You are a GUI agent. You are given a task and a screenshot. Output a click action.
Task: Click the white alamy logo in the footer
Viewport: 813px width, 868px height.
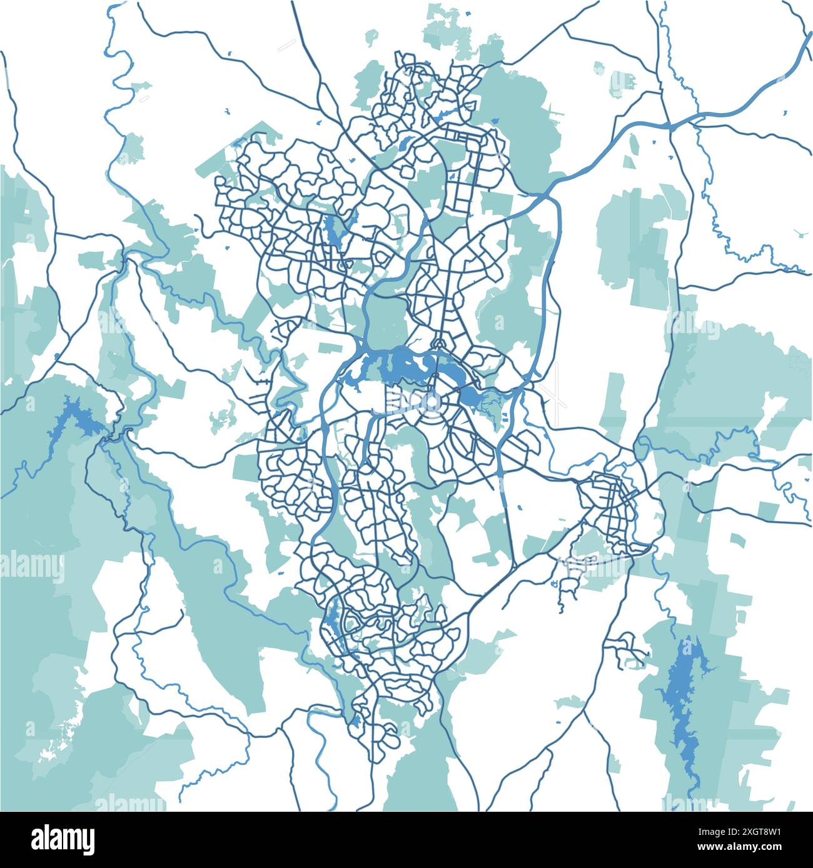click(x=63, y=839)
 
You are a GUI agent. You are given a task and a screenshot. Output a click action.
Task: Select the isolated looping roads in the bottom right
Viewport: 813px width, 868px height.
click(x=625, y=650)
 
